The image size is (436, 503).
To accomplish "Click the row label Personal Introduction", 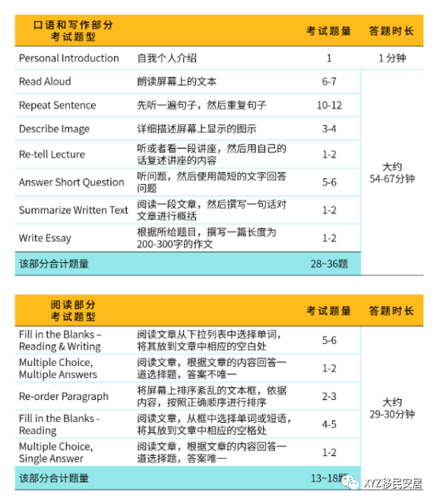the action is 69,58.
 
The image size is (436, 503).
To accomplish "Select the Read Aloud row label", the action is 45,82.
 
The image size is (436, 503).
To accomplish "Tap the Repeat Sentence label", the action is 57,105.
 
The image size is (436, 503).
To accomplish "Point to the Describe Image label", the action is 54,129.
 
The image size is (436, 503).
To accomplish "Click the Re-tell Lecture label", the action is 52,154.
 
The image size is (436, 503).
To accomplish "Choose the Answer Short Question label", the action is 72,183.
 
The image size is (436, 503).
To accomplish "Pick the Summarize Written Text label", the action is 73,210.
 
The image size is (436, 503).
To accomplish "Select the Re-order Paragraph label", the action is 64,397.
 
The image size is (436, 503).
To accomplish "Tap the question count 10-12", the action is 329,105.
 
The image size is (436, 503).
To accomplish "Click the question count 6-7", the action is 329,82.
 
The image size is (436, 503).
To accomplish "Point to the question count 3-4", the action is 329,129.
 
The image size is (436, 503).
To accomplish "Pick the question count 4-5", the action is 329,424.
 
